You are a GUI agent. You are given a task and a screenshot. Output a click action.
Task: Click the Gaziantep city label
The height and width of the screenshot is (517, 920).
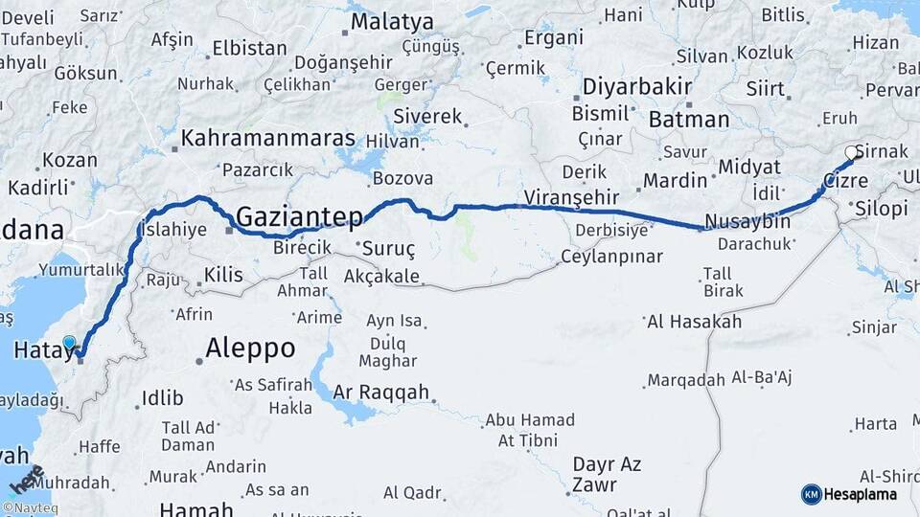click(299, 217)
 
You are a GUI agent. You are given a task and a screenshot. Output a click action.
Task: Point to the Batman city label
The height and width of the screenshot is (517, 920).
click(689, 120)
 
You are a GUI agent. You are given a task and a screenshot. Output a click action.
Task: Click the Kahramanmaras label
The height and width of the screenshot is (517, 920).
click(268, 138)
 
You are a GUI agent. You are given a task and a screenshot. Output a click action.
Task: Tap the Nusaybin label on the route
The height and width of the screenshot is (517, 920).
click(747, 222)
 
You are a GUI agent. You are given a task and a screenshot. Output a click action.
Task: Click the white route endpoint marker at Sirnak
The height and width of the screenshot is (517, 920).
click(850, 152)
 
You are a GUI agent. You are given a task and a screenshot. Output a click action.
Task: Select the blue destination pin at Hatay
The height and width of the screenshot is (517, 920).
click(69, 342)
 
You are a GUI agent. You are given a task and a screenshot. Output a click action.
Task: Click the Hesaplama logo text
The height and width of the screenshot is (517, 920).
click(861, 494)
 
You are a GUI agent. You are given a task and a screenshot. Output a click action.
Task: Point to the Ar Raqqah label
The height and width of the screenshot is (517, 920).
click(381, 392)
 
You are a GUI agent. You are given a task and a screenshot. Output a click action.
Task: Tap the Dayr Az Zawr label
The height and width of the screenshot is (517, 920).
click(607, 474)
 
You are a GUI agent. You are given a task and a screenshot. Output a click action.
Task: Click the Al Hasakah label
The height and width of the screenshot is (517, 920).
click(695, 322)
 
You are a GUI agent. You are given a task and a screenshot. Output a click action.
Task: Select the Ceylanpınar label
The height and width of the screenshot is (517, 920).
click(611, 257)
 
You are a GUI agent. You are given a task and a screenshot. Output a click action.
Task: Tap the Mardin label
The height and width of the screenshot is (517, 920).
click(675, 180)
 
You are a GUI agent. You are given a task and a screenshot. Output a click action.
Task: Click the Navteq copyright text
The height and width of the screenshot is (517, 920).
click(29, 508)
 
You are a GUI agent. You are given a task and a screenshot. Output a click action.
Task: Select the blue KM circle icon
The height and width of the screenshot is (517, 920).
click(811, 494)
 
